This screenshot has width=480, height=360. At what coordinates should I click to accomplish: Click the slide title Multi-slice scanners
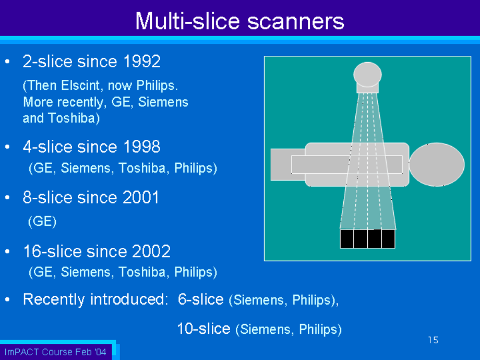pyautogui.click(x=239, y=21)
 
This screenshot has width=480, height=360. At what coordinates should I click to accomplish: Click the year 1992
pyautogui.click(x=142, y=61)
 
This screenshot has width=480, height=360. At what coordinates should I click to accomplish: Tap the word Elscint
pyautogui.click(x=80, y=86)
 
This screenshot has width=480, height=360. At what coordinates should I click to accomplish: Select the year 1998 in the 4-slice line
pyautogui.click(x=142, y=147)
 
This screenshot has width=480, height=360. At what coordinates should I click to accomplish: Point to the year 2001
pyautogui.click(x=141, y=197)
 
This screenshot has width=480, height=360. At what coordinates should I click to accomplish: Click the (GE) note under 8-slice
pyautogui.click(x=42, y=221)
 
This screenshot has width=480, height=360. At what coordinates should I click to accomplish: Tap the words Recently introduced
pyautogui.click(x=95, y=299)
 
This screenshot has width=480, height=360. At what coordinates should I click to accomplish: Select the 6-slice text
pyautogui.click(x=201, y=299)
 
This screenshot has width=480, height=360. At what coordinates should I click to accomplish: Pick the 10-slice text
pyautogui.click(x=203, y=329)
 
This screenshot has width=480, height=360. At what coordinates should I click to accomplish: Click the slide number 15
pyautogui.click(x=433, y=340)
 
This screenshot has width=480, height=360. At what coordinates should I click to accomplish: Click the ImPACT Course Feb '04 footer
pyautogui.click(x=55, y=352)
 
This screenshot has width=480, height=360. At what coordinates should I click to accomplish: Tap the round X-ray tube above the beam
pyautogui.click(x=367, y=75)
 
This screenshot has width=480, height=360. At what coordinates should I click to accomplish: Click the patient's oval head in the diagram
pyautogui.click(x=437, y=165)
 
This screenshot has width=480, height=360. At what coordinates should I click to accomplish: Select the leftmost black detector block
pyautogui.click(x=347, y=239)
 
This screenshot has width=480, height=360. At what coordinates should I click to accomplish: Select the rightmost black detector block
pyautogui.click(x=388, y=239)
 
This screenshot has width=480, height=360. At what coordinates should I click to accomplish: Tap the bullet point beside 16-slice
pyautogui.click(x=8, y=251)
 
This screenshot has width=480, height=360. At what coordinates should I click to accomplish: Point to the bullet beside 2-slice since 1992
pyautogui.click(x=8, y=62)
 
